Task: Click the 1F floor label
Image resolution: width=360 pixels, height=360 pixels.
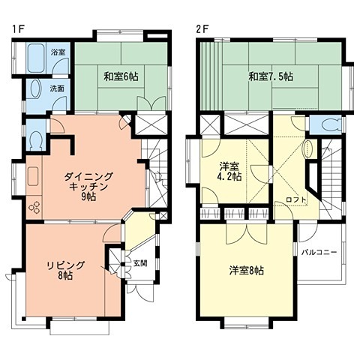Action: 19,29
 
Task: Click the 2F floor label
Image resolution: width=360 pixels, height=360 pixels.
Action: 202,29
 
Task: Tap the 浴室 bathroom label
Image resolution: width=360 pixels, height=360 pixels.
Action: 58,52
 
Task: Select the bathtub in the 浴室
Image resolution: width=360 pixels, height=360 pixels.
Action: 36,58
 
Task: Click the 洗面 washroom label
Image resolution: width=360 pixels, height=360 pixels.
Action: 57,88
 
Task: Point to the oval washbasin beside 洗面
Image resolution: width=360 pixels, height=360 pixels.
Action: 35,88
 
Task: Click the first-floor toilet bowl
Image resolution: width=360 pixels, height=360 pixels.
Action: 36,140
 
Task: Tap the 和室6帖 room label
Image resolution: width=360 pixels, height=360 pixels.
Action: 121,76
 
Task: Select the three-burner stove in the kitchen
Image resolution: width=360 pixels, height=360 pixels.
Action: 34,207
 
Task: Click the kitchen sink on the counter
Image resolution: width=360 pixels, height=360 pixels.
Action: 33,176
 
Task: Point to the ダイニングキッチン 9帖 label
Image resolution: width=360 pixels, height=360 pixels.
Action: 88,187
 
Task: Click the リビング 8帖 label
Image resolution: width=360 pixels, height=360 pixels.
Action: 66,271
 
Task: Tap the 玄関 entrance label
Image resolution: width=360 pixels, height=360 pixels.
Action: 140,263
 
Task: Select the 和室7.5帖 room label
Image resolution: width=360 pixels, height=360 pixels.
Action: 271,76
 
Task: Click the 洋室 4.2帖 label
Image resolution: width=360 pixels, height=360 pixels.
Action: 229,171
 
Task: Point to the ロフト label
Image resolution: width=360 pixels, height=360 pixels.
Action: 296,199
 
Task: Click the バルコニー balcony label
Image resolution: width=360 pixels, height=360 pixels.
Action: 319,252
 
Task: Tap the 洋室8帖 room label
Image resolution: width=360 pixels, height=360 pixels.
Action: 247,271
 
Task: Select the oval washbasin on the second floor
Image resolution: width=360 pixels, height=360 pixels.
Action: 307,149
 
